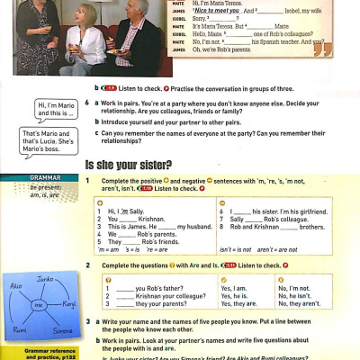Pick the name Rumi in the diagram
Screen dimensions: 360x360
tap(17, 329)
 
